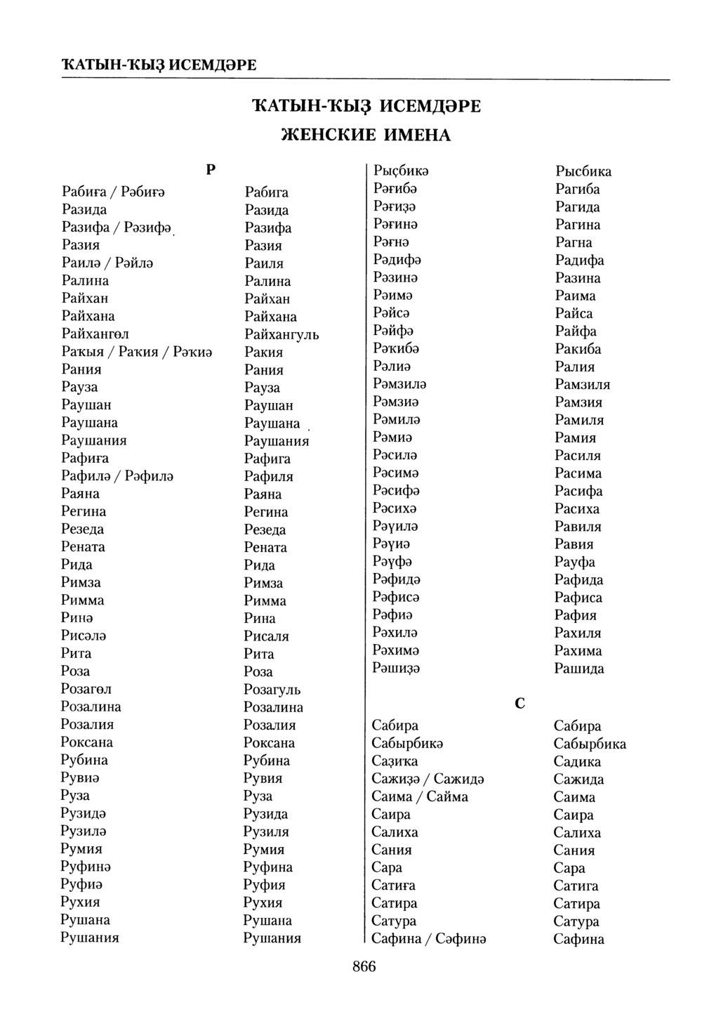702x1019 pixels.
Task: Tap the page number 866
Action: (x=364, y=966)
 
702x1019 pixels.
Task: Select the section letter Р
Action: (x=211, y=169)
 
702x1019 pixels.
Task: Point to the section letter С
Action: (x=519, y=703)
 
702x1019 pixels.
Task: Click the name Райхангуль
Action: (x=282, y=334)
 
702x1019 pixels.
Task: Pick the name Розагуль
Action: (x=272, y=689)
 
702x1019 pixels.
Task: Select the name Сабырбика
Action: (x=590, y=744)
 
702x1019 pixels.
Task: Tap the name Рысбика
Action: (x=583, y=171)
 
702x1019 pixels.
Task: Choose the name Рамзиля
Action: (x=582, y=384)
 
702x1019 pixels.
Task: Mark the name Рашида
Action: (x=579, y=669)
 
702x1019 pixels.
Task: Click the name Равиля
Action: (x=578, y=526)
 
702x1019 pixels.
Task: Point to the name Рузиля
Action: (x=266, y=831)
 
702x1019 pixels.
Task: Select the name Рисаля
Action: (x=266, y=636)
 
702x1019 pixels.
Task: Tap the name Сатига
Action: (x=576, y=886)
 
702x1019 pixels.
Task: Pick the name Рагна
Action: (x=574, y=242)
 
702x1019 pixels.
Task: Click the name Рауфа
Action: (x=575, y=562)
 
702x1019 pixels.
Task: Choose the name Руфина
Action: (x=267, y=867)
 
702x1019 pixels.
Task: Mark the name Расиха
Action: (x=577, y=508)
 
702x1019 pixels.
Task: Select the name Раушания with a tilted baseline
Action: (x=277, y=441)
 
